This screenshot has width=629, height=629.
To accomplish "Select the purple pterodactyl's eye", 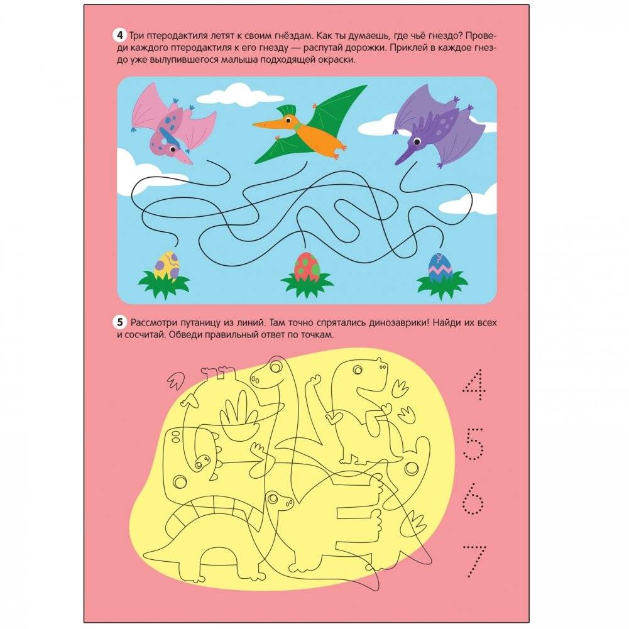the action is click(x=417, y=141).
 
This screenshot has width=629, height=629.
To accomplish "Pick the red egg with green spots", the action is click(x=307, y=267).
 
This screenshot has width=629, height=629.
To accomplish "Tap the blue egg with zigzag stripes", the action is click(x=440, y=267).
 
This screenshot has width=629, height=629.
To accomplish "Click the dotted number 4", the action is click(x=474, y=385).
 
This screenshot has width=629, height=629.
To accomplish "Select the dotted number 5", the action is click(x=474, y=444).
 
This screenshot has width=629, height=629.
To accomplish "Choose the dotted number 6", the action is click(x=473, y=499).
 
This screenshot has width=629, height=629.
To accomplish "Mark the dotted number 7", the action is click(x=474, y=561).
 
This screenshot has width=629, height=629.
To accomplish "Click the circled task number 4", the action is click(x=119, y=35).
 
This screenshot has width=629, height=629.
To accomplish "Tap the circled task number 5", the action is click(x=119, y=322).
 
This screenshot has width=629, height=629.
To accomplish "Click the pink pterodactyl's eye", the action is click(x=173, y=149).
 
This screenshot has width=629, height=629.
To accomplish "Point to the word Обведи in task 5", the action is click(x=184, y=334).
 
